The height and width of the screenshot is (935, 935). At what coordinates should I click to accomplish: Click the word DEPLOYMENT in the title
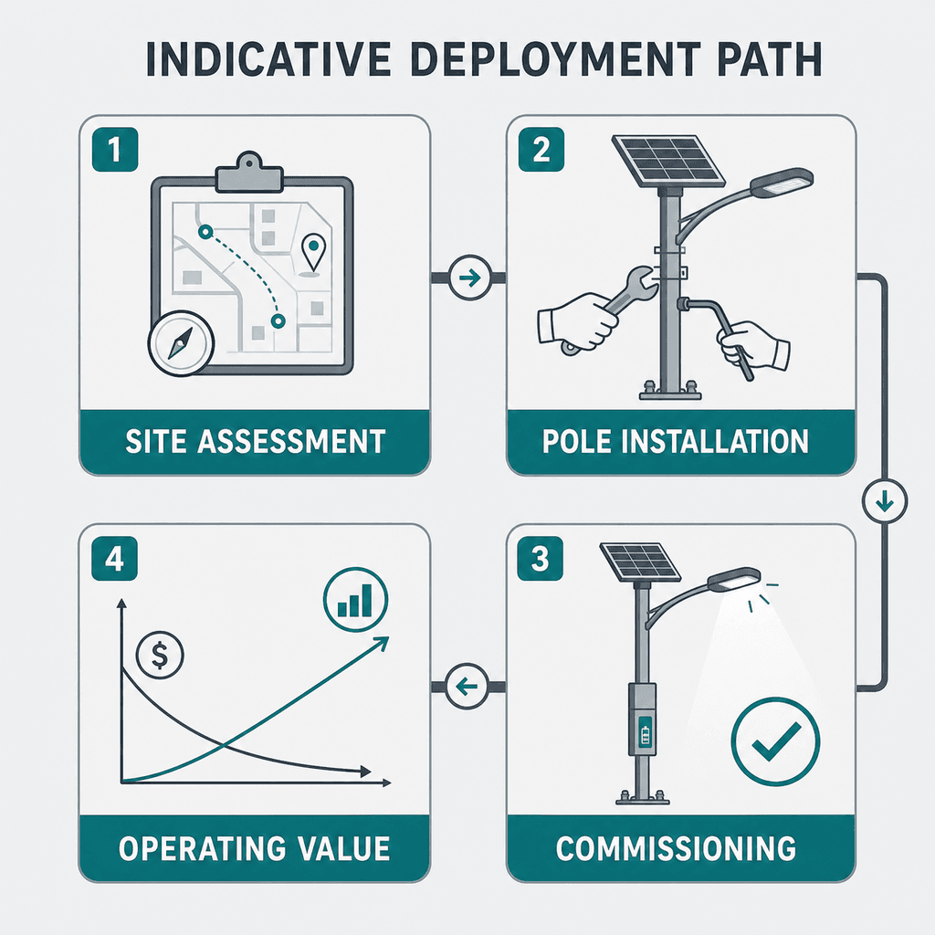click(x=555, y=59)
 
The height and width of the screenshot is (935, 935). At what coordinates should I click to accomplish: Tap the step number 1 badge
click(x=115, y=149)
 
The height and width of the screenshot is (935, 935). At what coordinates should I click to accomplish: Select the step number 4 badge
click(x=114, y=559)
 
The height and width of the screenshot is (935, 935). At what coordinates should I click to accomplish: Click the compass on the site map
click(x=181, y=343)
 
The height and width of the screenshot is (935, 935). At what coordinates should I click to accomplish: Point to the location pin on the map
click(x=314, y=253)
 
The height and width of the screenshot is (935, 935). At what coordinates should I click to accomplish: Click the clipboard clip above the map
click(x=248, y=173)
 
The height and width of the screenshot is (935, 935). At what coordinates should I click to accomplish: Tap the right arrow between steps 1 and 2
click(x=470, y=278)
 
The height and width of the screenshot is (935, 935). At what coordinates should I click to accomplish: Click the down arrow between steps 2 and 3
click(x=885, y=501)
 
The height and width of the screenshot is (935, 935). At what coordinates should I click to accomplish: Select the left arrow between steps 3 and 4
click(x=467, y=687)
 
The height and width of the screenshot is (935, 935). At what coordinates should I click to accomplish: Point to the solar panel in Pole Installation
click(x=668, y=160)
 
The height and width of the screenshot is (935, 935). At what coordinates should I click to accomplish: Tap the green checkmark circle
click(x=775, y=741)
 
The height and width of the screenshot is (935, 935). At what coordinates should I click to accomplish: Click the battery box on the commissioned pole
click(x=643, y=720)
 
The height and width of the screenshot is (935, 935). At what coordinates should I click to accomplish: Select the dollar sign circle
click(x=160, y=655)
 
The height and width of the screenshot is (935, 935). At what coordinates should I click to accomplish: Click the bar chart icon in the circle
click(x=355, y=599)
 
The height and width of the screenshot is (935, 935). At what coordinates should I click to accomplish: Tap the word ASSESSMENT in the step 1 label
click(x=291, y=442)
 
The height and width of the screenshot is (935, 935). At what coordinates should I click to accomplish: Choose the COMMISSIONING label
click(x=676, y=848)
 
